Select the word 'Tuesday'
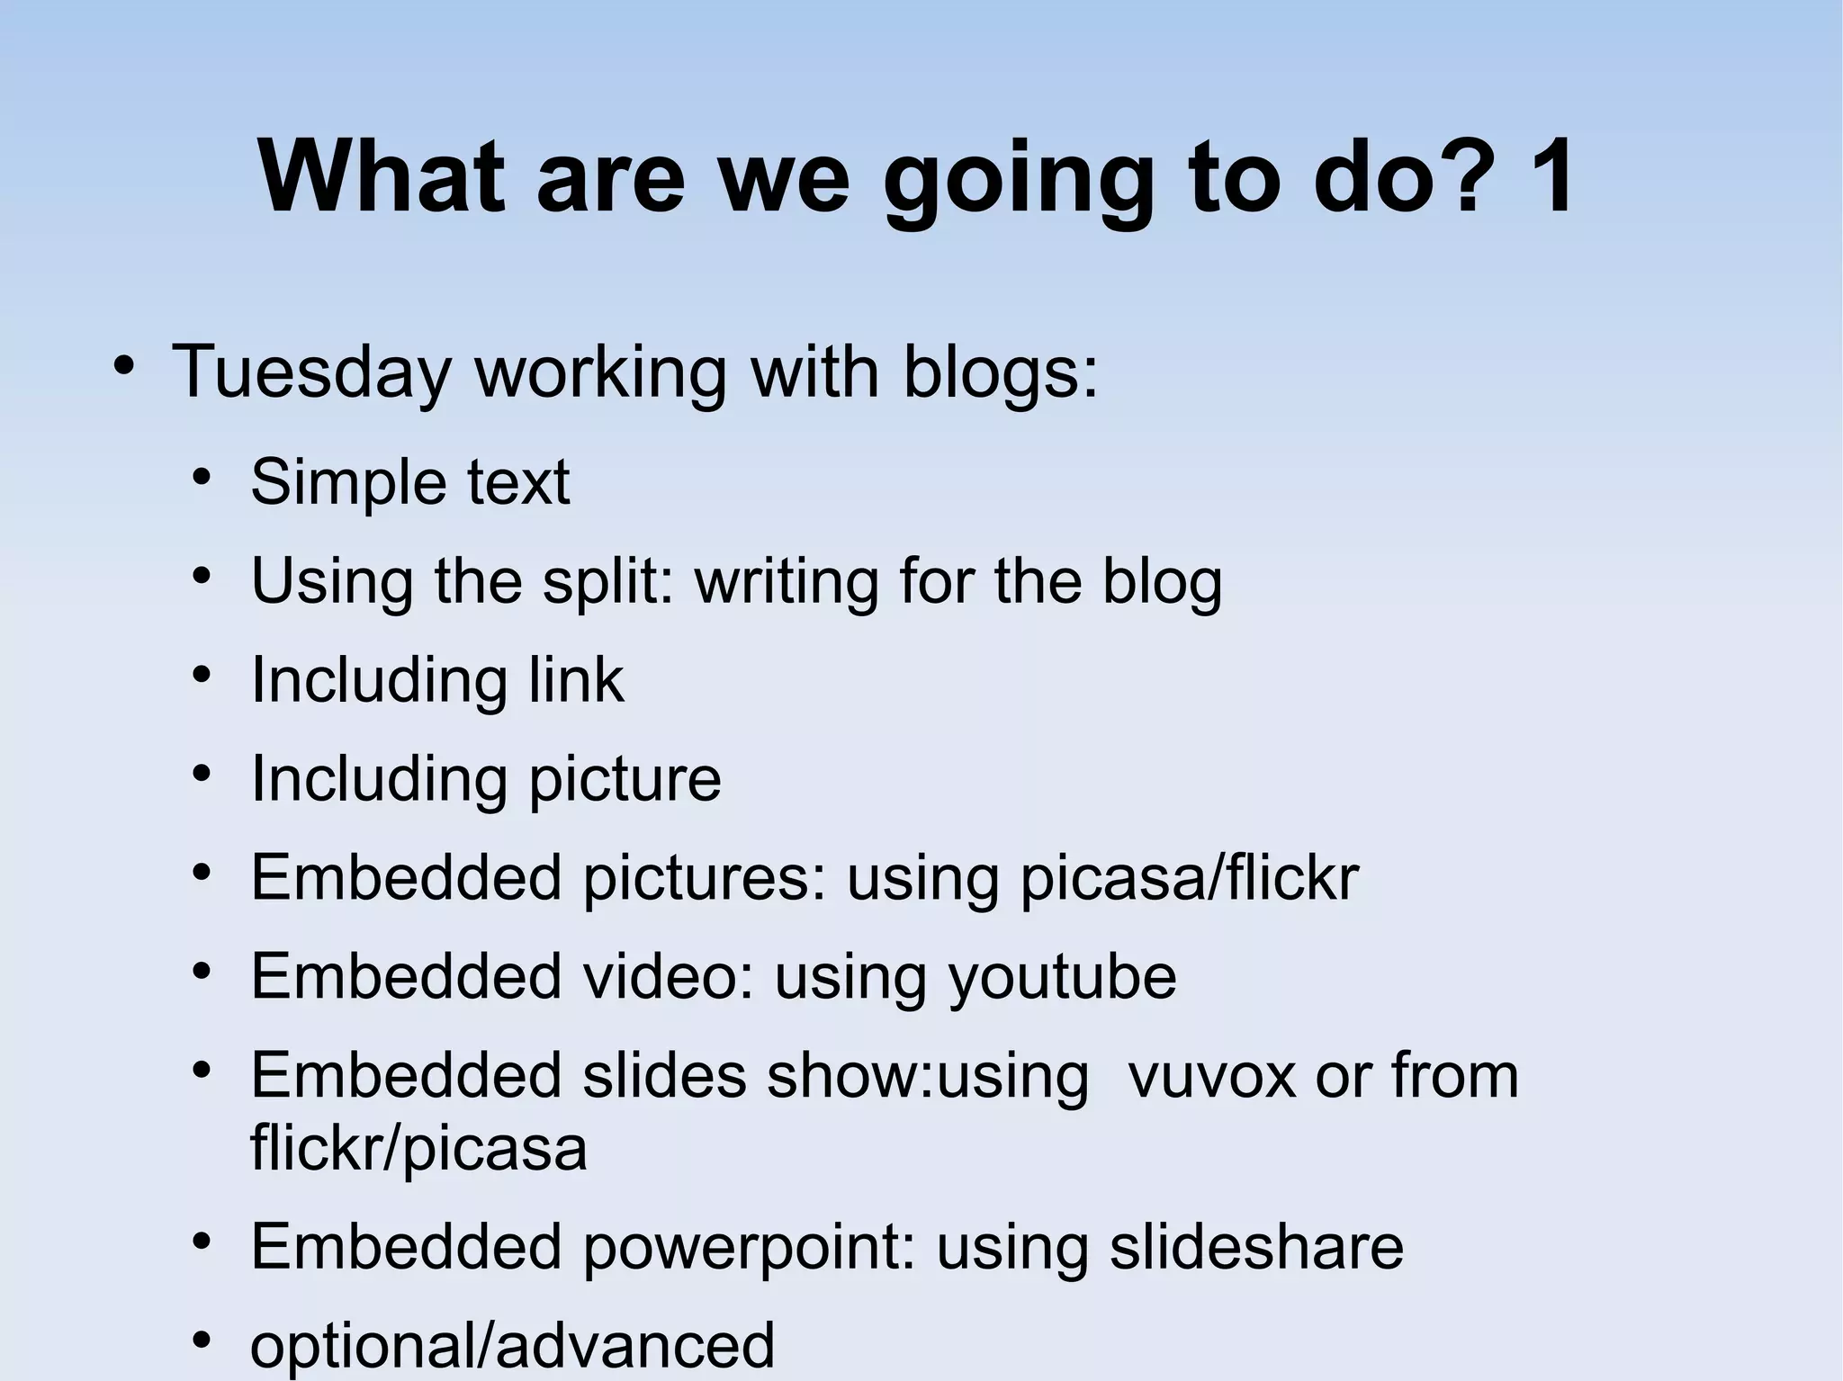coord(310,371)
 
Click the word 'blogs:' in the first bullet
coord(1001,371)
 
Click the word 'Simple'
coord(347,482)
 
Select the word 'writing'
coord(786,581)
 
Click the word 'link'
coord(576,679)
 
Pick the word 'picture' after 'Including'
coord(625,778)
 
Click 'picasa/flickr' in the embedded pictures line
coord(1189,877)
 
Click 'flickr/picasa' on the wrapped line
coord(418,1147)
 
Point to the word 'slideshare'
coord(1256,1246)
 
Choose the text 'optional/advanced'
coord(512,1345)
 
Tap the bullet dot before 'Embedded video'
coord(202,973)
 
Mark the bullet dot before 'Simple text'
coord(202,477)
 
